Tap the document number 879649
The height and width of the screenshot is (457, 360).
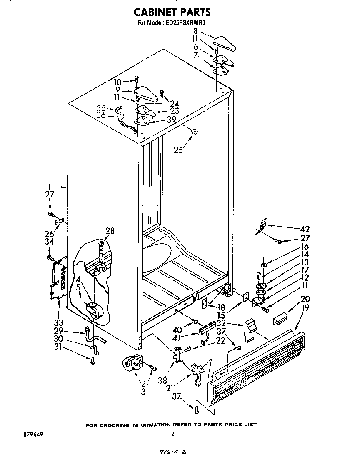[x=28, y=434]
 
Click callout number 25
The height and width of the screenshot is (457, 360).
[x=178, y=150]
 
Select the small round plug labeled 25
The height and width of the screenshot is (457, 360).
[x=194, y=132]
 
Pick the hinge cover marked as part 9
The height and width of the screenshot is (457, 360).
[x=145, y=94]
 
